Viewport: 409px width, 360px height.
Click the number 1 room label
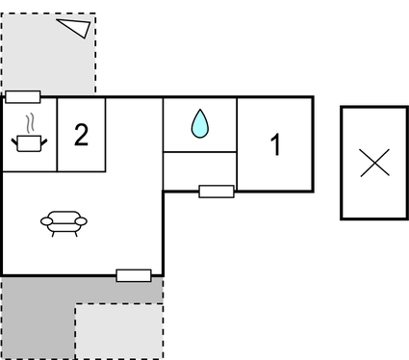(275, 145)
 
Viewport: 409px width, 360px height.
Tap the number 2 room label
(81, 135)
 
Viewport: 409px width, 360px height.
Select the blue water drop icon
(199, 123)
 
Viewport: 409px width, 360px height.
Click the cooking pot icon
(30, 142)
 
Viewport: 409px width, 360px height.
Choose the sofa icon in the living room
(64, 222)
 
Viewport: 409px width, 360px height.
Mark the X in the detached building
(374, 163)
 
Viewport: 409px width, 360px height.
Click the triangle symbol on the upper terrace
(74, 28)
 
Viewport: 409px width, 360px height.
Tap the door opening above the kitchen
(22, 96)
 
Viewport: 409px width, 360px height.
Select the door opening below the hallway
(217, 191)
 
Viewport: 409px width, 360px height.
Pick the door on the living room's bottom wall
(133, 275)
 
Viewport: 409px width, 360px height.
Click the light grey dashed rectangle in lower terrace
(117, 331)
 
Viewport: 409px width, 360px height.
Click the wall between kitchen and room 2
(57, 135)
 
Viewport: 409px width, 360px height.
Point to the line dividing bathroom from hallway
(199, 152)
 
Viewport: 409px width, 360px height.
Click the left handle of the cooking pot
(15, 141)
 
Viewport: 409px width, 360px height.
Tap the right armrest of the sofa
(83, 221)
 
